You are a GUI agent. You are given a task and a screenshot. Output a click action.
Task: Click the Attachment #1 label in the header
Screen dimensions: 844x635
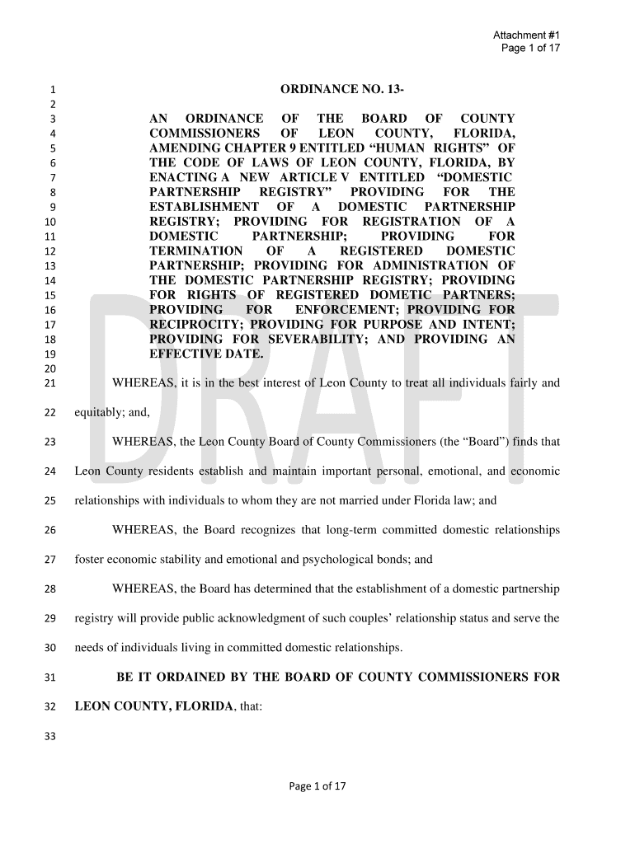[x=526, y=35]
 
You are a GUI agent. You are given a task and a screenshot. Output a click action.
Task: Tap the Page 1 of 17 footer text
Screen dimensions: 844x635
[x=317, y=785]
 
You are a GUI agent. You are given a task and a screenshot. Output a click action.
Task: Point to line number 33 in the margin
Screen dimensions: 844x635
[x=49, y=737]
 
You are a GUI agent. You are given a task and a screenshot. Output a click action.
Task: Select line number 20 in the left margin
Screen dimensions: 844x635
[x=49, y=368]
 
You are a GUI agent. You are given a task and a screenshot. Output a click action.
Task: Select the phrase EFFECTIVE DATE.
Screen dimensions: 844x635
[x=206, y=354]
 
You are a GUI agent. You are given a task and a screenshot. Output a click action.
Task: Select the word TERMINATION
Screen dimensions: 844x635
[x=196, y=251]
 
